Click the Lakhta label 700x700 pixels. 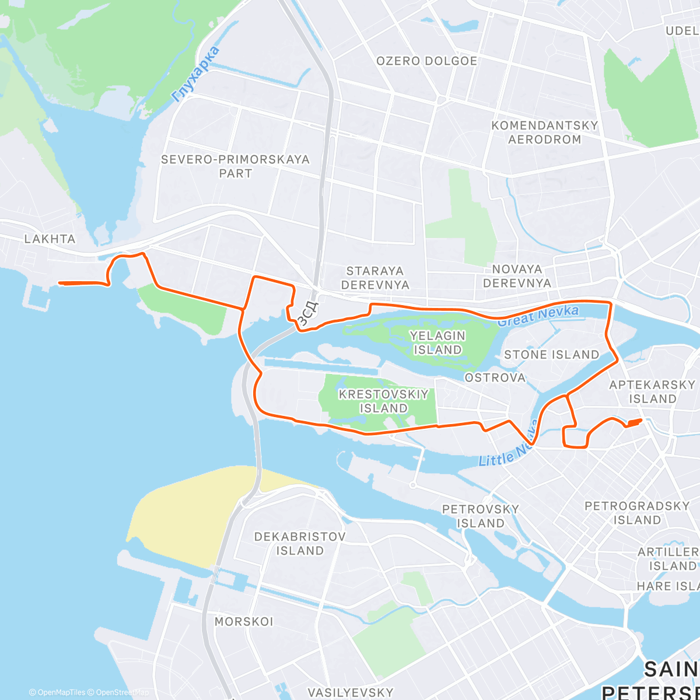[50, 239]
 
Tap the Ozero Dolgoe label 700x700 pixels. [426, 61]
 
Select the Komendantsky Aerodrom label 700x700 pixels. [544, 132]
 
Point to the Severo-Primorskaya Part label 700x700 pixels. [235, 166]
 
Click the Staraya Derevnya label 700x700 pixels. [375, 278]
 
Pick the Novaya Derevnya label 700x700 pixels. [517, 276]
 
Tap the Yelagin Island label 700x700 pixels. [437, 342]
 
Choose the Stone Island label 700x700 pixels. [551, 355]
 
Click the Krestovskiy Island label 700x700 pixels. [383, 401]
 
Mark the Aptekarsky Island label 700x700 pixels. [652, 392]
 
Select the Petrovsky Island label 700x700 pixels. [480, 516]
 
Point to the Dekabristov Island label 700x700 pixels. [300, 543]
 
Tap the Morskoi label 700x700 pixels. [244, 622]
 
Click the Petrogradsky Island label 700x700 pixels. [637, 513]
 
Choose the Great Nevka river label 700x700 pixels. [538, 316]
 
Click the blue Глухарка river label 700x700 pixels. [197, 74]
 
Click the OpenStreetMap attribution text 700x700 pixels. [121, 692]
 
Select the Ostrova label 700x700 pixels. [495, 378]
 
